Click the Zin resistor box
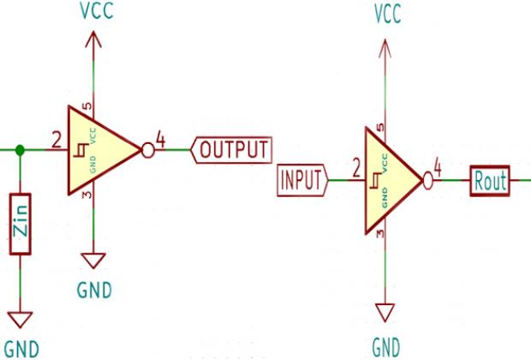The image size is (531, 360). click(21, 225)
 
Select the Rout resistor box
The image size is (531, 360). click(490, 181)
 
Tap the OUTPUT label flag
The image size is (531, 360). click(232, 150)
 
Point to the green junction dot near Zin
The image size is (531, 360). click(21, 150)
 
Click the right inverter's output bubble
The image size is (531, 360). click(427, 181)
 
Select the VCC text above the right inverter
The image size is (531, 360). click(386, 15)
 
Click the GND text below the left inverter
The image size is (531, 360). click(93, 289)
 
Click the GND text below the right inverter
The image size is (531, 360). click(386, 347)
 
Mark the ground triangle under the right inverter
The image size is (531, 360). click(386, 309)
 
